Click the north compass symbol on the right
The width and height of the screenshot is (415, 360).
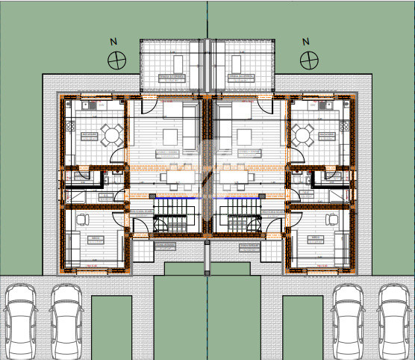click(307, 59)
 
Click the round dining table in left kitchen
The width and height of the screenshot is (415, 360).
click(112, 135)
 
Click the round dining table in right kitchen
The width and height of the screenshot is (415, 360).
click(303, 135)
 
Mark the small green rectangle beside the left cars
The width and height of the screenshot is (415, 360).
click(111, 326)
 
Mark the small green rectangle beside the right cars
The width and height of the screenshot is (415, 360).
click(302, 326)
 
